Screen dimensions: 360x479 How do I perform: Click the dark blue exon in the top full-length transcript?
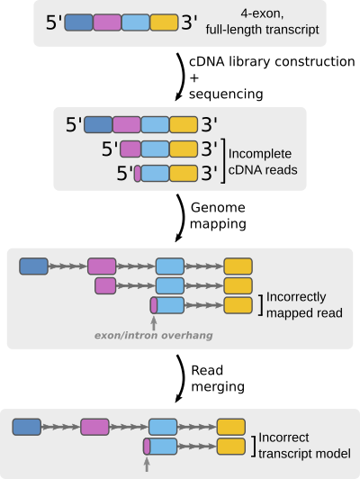(79, 23)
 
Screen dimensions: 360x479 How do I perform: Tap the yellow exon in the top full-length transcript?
(165, 23)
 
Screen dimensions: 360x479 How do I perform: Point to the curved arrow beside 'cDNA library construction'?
(182, 77)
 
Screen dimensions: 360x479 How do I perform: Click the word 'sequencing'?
(226, 94)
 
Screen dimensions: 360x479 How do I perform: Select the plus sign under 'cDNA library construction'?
(194, 78)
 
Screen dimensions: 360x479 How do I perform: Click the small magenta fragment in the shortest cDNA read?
(138, 174)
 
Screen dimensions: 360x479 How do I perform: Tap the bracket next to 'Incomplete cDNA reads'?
(223, 160)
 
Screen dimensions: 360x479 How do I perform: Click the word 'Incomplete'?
(260, 154)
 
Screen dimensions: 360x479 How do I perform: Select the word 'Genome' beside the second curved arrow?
(218, 208)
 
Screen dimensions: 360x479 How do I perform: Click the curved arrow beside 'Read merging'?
(182, 378)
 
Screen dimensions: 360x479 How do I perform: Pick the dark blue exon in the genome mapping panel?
(33, 267)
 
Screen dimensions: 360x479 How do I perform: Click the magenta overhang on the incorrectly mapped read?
(154, 305)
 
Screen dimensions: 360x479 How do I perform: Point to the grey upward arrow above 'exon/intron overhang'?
(154, 323)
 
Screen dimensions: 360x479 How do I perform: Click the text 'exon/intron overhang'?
(154, 336)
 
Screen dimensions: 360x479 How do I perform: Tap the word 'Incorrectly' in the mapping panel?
(296, 297)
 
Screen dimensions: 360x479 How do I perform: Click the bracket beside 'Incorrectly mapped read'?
(260, 305)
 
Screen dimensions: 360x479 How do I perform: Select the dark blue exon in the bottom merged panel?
(27, 427)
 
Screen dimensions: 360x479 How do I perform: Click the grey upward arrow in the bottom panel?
(147, 465)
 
